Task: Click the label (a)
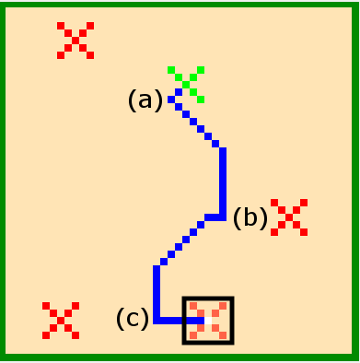(145, 100)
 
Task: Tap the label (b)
(250, 218)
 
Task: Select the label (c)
(132, 319)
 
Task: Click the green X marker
(186, 84)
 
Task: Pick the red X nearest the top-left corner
(75, 41)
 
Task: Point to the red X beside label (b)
(289, 217)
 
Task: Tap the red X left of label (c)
(61, 321)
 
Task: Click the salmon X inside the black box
(208, 321)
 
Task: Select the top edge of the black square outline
(208, 299)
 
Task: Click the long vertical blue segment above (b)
(223, 181)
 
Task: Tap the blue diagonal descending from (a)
(197, 125)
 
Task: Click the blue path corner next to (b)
(223, 217)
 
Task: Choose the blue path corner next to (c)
(157, 321)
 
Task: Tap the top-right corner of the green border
(355, 5)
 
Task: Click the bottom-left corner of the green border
(4, 357)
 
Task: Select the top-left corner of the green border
(4, 5)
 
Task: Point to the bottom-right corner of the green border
(355, 357)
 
